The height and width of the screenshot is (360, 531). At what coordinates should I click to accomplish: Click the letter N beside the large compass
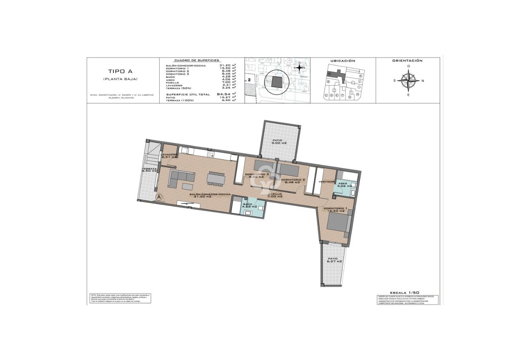pyautogui.click(x=422, y=81)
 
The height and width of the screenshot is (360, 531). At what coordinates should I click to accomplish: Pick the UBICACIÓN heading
pyautogui.click(x=343, y=61)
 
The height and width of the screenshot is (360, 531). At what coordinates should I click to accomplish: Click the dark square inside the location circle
pyautogui.click(x=276, y=82)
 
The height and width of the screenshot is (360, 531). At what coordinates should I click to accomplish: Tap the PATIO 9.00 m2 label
pyautogui.click(x=278, y=142)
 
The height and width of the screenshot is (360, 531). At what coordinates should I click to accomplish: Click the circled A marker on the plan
pyautogui.click(x=159, y=197)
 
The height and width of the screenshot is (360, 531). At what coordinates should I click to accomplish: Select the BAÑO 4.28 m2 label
pyautogui.click(x=249, y=205)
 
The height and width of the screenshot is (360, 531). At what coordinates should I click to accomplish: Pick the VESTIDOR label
pyautogui.click(x=326, y=182)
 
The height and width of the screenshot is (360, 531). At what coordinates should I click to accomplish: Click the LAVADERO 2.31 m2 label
pyautogui.click(x=169, y=156)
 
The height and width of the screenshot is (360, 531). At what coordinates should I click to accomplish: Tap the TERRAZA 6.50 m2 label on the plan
pyautogui.click(x=149, y=170)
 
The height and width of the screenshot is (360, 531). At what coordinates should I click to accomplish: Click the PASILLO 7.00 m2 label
pyautogui.click(x=276, y=195)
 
